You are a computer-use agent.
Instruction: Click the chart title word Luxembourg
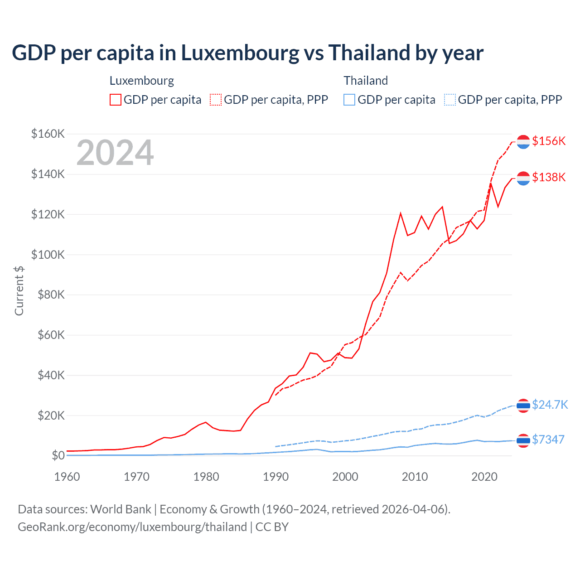point(240,53)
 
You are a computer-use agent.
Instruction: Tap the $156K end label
point(549,141)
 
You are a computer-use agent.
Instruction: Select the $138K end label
point(549,177)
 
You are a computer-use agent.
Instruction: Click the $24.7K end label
point(550,405)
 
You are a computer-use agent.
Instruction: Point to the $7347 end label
point(548,440)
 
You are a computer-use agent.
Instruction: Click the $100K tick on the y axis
point(48,255)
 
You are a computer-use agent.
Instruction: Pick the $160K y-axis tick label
point(48,134)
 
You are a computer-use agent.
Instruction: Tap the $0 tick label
point(58,455)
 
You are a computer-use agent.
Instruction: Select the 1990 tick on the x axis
point(275,477)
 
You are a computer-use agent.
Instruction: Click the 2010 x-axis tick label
point(415,477)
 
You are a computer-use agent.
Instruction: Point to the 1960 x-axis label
point(67,477)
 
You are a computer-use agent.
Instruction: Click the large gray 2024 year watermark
point(115,153)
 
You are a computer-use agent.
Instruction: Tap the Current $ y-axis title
point(19,291)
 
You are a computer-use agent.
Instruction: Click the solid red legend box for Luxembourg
point(116,100)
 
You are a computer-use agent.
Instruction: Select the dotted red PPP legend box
point(216,100)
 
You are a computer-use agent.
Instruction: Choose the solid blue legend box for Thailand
point(349,100)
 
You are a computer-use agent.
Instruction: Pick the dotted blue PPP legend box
point(450,100)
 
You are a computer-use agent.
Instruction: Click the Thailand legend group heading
point(366,81)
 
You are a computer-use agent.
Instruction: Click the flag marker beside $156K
point(523,142)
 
